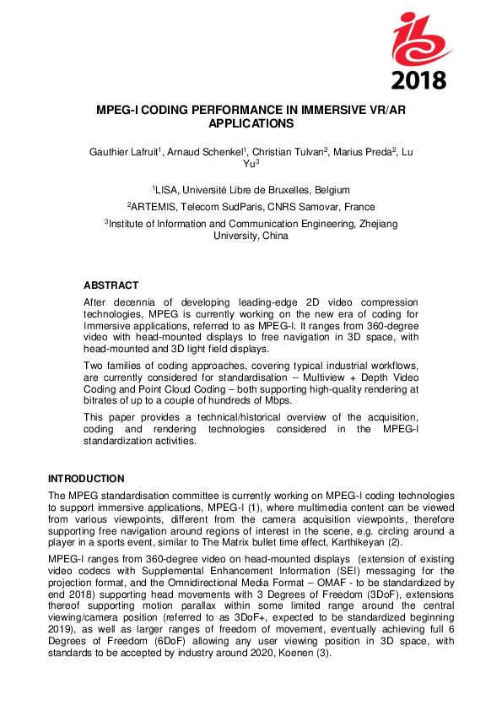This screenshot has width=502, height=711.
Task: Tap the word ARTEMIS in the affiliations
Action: pos(154,207)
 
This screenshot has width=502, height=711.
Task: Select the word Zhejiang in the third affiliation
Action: pos(375,224)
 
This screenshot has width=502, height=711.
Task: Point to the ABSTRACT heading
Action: pos(111,285)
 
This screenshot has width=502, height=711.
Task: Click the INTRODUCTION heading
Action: pos(86,478)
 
